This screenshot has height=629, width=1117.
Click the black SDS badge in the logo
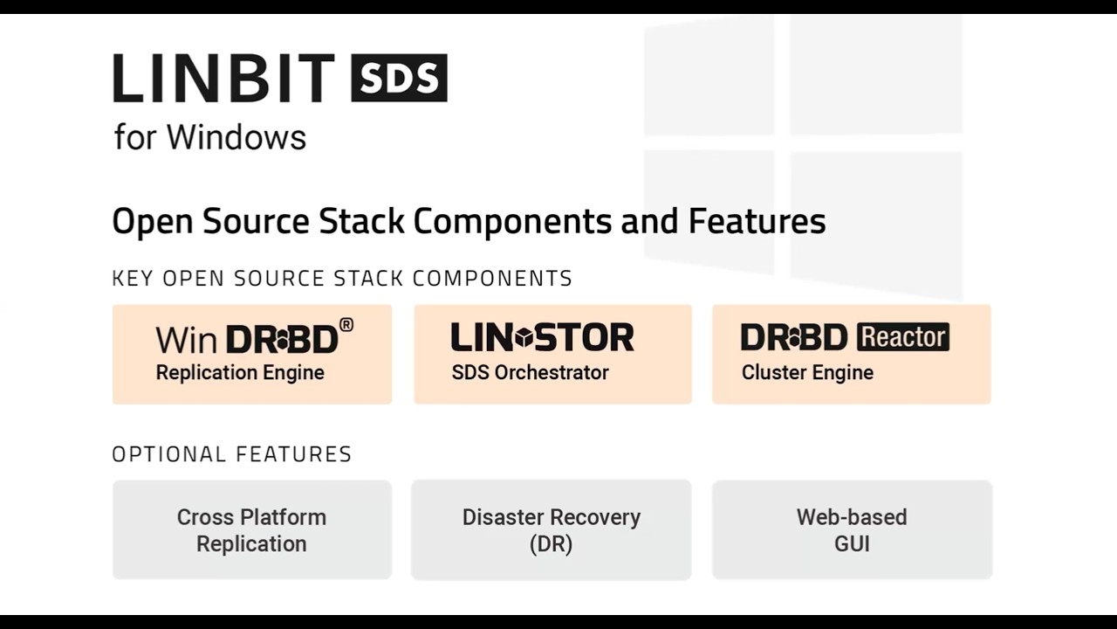pos(399,78)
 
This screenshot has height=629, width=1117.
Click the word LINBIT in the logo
pos(223,78)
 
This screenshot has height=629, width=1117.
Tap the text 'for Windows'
pos(209,137)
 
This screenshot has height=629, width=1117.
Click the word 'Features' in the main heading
pos(757,221)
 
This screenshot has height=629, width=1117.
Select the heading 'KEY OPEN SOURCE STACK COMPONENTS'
pos(342,279)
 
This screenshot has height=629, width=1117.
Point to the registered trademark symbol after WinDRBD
pos(346,326)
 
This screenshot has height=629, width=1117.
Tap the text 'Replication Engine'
pos(240,373)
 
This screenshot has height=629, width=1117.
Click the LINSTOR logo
pos(542,337)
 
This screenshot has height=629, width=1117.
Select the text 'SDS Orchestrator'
pos(530,373)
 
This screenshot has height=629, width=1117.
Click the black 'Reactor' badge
pos(902,337)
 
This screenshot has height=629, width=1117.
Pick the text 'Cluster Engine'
pos(807,373)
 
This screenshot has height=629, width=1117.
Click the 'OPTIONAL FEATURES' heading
pos(232,454)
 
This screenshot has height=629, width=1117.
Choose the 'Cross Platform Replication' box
pos(251,529)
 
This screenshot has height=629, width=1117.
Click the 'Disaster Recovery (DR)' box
pos(552,529)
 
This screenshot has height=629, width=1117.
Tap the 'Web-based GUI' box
pos(852,529)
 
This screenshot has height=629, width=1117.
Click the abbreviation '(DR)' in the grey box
pos(552,543)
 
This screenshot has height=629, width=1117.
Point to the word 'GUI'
pos(852,543)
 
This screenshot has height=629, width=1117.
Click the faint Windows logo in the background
pos(803,149)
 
